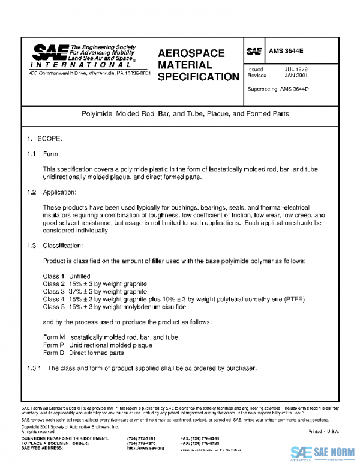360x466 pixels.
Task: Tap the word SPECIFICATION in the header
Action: [198, 77]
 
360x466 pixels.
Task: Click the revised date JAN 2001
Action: [296, 76]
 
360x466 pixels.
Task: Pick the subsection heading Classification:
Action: [62, 246]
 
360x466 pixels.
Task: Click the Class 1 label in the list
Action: [54, 276]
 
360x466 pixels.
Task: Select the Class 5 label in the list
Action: [54, 307]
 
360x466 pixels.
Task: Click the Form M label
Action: [54, 337]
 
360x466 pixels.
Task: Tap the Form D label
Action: [54, 353]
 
